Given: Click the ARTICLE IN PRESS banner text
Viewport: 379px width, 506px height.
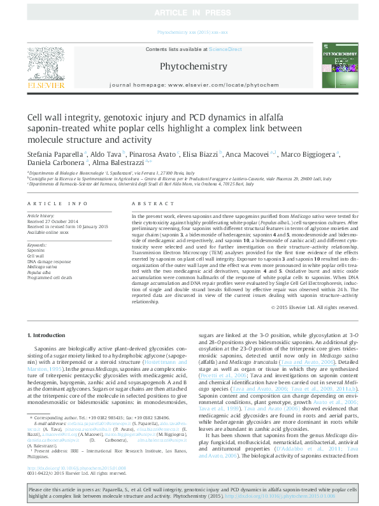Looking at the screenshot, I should pyautogui.click(x=189, y=13).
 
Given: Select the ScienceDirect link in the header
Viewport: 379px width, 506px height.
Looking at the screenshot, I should pyautogui.click(x=226, y=49).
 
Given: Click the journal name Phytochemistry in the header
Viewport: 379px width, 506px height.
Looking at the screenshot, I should pyautogui.click(x=192, y=66).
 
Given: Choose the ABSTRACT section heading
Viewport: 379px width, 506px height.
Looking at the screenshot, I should pyautogui.click(x=148, y=203).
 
